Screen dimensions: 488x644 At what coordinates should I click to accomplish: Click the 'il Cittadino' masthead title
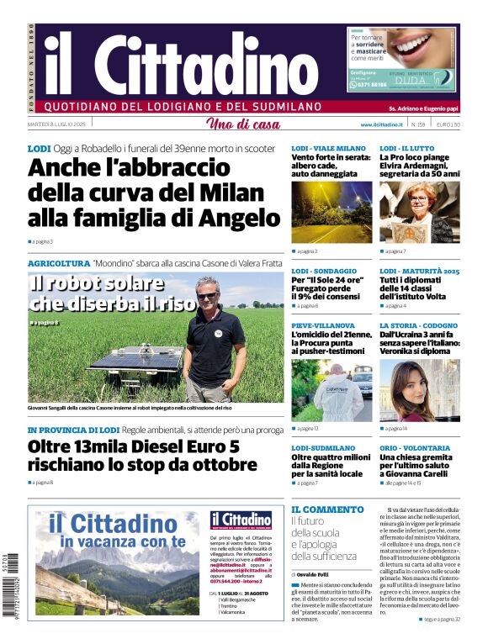click(181, 65)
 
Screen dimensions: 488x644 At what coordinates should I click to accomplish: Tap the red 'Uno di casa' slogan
click(243, 124)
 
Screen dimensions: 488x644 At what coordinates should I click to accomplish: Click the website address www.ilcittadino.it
click(379, 124)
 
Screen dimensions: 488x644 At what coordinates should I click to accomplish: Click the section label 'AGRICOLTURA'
click(59, 263)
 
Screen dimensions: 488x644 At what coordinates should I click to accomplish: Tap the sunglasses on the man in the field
click(207, 297)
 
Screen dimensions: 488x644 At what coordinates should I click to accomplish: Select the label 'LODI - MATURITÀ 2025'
click(419, 271)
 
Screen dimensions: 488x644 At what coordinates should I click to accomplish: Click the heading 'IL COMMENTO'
click(327, 509)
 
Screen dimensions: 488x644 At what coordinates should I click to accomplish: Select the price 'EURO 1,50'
click(448, 124)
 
